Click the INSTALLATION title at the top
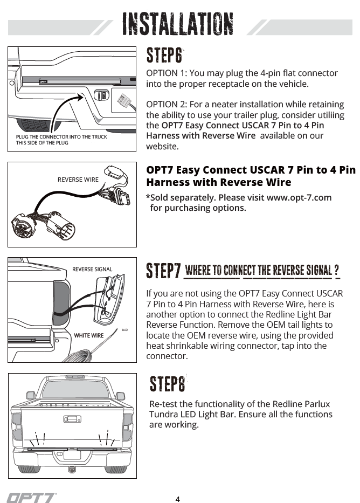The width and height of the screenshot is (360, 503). pyautogui.click(x=178, y=24)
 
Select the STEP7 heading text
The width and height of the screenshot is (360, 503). pyautogui.click(x=163, y=271)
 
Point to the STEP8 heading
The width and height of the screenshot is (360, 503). pyautogui.click(x=167, y=384)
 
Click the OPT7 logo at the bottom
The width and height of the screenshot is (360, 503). pyautogui.click(x=32, y=497)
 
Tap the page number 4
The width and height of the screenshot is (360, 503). pyautogui.click(x=178, y=499)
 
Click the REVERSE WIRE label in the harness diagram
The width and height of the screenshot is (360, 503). pyautogui.click(x=78, y=180)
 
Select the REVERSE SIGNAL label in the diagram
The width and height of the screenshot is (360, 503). pyautogui.click(x=92, y=269)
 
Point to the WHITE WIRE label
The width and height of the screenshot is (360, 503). pyautogui.click(x=89, y=335)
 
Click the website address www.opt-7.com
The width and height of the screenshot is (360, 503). pyautogui.click(x=299, y=197)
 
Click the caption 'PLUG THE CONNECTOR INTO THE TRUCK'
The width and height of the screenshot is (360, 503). pyautogui.click(x=61, y=137)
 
